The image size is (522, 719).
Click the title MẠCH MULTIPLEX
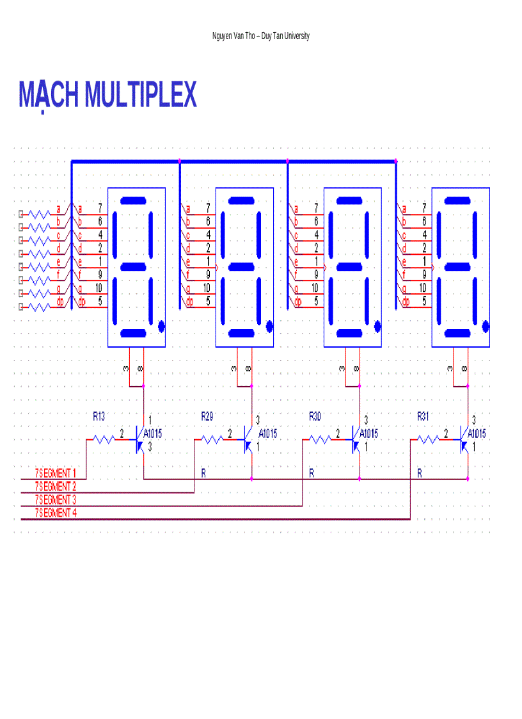[107, 95]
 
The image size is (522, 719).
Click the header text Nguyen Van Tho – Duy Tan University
[260, 36]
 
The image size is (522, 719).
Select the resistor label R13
[99, 416]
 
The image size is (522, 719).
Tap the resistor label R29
[207, 416]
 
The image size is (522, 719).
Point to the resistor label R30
[315, 416]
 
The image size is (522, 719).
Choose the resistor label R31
[423, 416]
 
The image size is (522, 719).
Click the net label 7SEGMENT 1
[59, 473]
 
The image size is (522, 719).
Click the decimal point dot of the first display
[161, 327]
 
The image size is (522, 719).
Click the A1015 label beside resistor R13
[153, 433]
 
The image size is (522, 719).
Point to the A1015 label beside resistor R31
[477, 433]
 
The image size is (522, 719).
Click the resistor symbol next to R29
[211, 439]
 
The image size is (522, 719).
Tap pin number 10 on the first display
[99, 288]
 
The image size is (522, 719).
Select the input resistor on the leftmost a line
[40, 213]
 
